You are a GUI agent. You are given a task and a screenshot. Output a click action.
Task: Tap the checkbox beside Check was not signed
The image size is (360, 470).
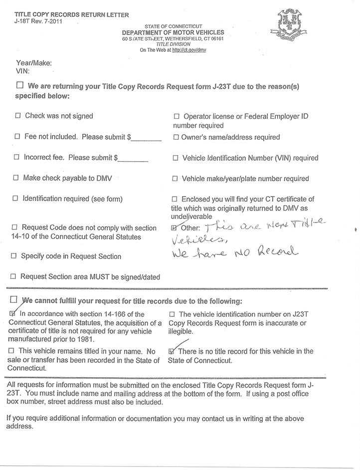click(x=18, y=116)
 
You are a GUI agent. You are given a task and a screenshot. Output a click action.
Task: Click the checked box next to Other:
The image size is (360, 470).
click(x=174, y=227)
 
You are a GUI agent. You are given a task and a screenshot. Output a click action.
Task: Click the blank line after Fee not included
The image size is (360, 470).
click(x=145, y=140)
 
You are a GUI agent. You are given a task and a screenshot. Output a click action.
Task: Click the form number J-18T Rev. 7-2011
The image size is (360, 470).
click(x=35, y=21)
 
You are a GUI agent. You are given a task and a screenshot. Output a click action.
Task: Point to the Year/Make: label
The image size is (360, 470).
click(x=34, y=63)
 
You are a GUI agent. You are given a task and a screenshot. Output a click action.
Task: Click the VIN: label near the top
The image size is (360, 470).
click(x=23, y=72)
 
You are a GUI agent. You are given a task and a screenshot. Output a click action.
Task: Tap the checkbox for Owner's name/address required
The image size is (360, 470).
click(x=176, y=137)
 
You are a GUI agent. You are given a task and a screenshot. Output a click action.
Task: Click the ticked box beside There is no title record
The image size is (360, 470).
click(x=173, y=351)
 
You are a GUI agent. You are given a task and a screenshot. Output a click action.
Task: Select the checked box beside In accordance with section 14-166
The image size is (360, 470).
click(x=13, y=314)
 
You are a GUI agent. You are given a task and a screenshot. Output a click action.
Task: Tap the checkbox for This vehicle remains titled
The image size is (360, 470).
click(x=12, y=351)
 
